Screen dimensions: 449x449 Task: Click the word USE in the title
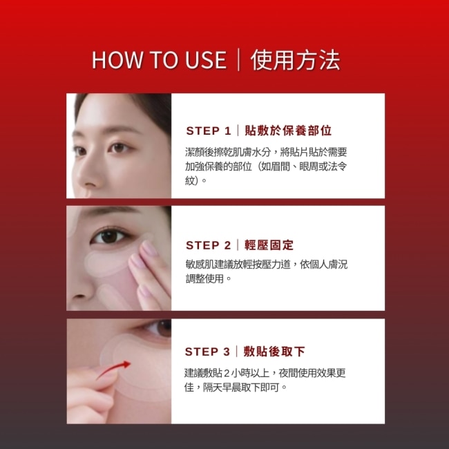(206, 60)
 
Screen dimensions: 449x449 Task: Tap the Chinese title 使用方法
(295, 60)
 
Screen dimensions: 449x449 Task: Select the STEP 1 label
(209, 131)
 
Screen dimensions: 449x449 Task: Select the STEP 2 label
(208, 245)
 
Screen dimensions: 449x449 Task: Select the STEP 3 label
(207, 352)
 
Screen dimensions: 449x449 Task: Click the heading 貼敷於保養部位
(288, 131)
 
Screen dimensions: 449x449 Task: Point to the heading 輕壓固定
(269, 245)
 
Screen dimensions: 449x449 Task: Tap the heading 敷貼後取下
(274, 352)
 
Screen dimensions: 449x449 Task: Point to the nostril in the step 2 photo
(79, 296)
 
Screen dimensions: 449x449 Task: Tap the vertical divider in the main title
(238, 60)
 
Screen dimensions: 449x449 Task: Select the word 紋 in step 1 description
(190, 181)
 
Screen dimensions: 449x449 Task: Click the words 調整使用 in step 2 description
(204, 278)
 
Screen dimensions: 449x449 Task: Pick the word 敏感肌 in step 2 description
(200, 264)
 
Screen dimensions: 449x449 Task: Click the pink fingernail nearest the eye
(149, 248)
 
